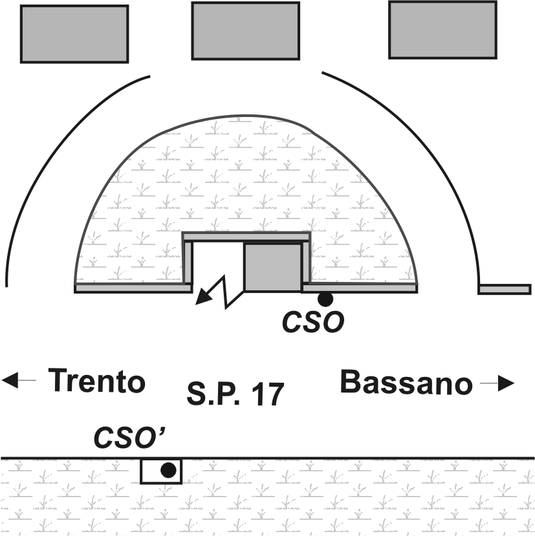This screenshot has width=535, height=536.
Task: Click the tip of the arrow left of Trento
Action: pos(2,380)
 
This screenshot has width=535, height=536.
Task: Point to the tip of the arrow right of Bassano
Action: pos(514,383)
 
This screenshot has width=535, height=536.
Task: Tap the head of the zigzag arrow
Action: pos(195,304)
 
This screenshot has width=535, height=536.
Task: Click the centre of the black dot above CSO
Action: pos(325,299)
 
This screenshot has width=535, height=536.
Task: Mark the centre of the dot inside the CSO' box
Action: pos(168,470)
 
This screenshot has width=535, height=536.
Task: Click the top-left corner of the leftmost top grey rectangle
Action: pos(21,5)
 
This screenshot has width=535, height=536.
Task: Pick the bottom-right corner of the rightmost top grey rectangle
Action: pos(497,58)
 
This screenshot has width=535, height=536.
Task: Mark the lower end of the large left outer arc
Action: pos(6,286)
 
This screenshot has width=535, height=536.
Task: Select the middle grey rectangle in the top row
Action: pos(246,31)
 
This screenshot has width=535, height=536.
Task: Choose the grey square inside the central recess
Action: pos(273,267)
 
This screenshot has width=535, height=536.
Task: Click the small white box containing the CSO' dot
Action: pos(161,471)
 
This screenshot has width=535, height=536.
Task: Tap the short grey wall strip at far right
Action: pos(505,289)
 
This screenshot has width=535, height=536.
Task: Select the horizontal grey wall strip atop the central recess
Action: pos(246,237)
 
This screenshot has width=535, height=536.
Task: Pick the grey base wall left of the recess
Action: pos(133,288)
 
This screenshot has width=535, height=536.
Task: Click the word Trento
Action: pos(97,380)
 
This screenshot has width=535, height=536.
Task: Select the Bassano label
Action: pos(406,382)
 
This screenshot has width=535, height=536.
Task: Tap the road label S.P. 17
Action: pos(235,394)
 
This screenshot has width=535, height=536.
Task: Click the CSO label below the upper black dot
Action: pos(313,322)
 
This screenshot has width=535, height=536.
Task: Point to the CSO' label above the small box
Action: pos(129,438)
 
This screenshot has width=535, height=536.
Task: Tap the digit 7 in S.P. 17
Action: pos(275,394)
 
